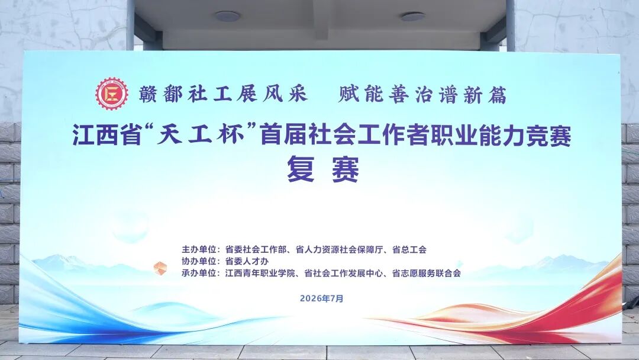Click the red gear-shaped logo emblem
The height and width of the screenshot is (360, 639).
112,94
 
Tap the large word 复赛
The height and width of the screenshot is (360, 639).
323,169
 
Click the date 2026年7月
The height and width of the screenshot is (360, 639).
321,298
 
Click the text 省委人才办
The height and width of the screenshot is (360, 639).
247,261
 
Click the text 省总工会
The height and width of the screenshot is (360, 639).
409,249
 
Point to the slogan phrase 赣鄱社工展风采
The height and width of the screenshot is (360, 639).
223,94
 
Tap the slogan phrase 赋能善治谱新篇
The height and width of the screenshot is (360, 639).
422,95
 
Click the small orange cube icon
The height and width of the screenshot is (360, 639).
160,268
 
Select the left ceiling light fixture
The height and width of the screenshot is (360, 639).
227,17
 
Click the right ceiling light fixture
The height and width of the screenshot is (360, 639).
412,17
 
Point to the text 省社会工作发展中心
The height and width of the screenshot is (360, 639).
344,273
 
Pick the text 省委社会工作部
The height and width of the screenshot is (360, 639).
256,249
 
